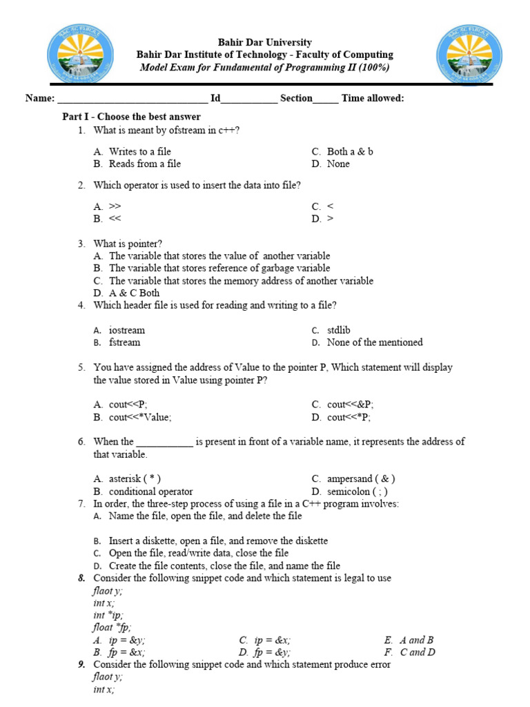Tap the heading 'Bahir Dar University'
[264, 42]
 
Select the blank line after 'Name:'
[131, 99]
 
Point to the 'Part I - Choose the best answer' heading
[132, 117]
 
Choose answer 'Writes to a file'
[139, 151]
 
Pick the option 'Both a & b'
[349, 151]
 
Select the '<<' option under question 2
[115, 219]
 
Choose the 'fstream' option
[124, 342]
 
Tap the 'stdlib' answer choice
[338, 330]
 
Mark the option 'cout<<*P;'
[349, 417]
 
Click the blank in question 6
[165, 442]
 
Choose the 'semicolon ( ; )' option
[357, 492]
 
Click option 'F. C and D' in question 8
[417, 652]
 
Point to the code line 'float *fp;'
[112, 628]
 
